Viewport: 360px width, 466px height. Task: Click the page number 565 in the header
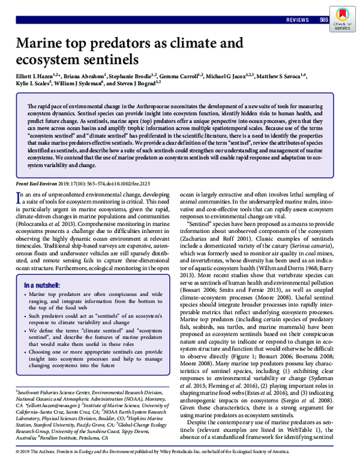point(323,20)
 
